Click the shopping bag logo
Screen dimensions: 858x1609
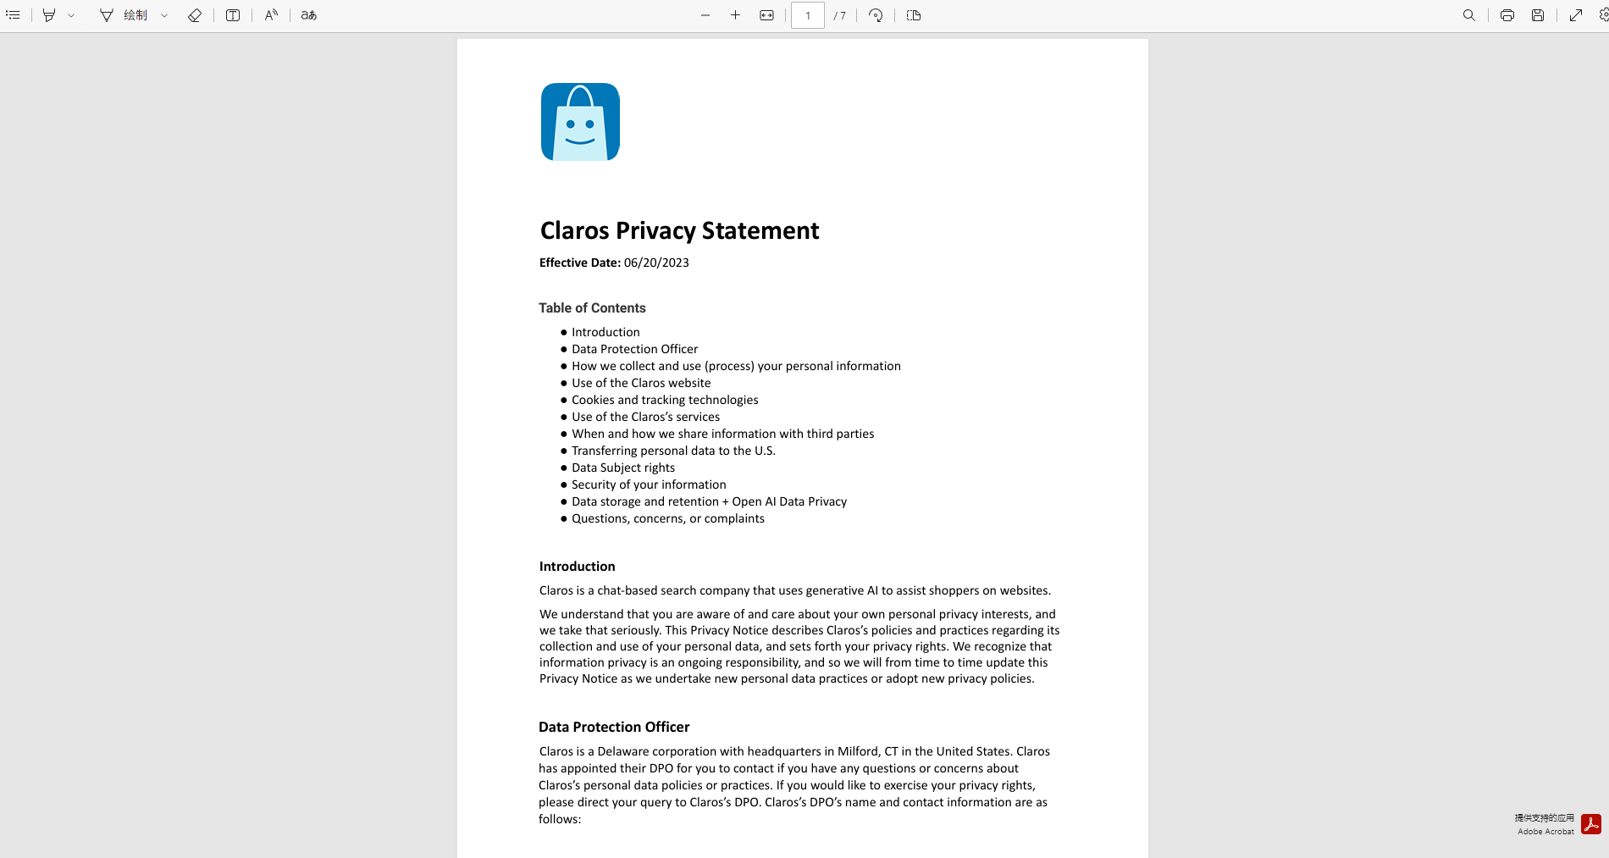pyautogui.click(x=580, y=122)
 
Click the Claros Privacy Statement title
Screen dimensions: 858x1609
pyautogui.click(x=679, y=230)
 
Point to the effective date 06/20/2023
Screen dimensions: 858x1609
pyautogui.click(x=656, y=263)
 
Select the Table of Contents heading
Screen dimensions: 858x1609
pyautogui.click(x=592, y=308)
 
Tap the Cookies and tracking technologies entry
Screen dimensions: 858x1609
pyautogui.click(x=665, y=400)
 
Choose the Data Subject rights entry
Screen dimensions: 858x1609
pyautogui.click(x=623, y=468)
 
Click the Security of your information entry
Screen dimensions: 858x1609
pyautogui.click(x=649, y=484)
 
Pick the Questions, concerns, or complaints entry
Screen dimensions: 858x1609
pyautogui.click(x=667, y=518)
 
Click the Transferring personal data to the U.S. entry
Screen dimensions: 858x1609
pyautogui.click(x=673, y=451)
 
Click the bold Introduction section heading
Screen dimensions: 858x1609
pyautogui.click(x=577, y=567)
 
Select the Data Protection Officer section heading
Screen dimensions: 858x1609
pyautogui.click(x=614, y=727)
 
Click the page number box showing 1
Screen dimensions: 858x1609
pyautogui.click(x=807, y=15)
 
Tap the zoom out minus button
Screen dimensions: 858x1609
pyautogui.click(x=705, y=15)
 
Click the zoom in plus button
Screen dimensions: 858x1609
pyautogui.click(x=735, y=15)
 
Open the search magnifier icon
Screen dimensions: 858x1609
pyautogui.click(x=1469, y=15)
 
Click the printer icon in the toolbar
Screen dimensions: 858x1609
pyautogui.click(x=1507, y=15)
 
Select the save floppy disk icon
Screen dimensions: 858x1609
pyautogui.click(x=1538, y=15)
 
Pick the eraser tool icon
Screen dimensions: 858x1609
pyautogui.click(x=195, y=15)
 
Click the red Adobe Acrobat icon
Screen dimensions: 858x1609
pyautogui.click(x=1591, y=824)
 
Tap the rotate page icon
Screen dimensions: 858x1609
pyautogui.click(x=876, y=15)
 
